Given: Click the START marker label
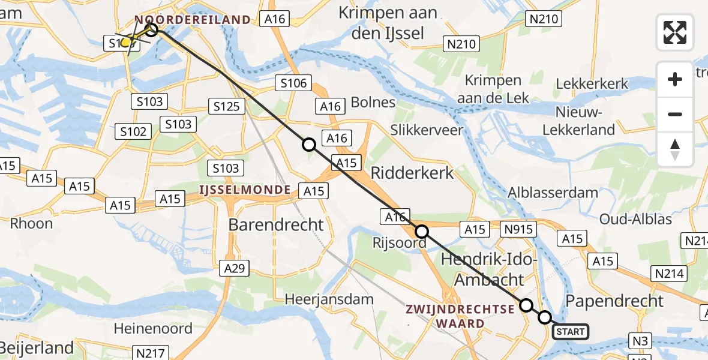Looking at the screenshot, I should (570, 332).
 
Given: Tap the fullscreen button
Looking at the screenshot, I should (675, 32).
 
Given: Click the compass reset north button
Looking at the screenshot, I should (675, 149).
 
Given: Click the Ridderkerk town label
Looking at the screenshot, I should (412, 173).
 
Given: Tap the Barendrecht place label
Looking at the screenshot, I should (276, 225).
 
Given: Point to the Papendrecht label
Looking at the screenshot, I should (614, 301).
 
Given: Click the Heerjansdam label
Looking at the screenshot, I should (329, 298).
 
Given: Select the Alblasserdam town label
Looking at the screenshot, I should (553, 193).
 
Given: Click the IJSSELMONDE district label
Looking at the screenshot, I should (246, 190).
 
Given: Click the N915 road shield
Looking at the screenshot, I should (518, 229).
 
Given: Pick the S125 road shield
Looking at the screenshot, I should (227, 107).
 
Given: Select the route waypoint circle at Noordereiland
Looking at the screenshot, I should (151, 29).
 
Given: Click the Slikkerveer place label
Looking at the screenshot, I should (427, 130).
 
